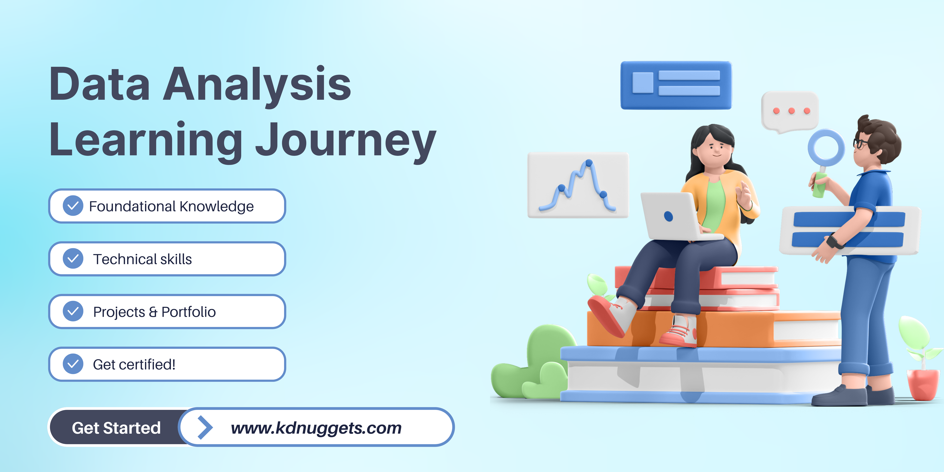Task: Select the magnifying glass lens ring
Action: pos(826,148)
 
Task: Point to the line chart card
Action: pos(578,185)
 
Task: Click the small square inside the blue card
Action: pos(643,83)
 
